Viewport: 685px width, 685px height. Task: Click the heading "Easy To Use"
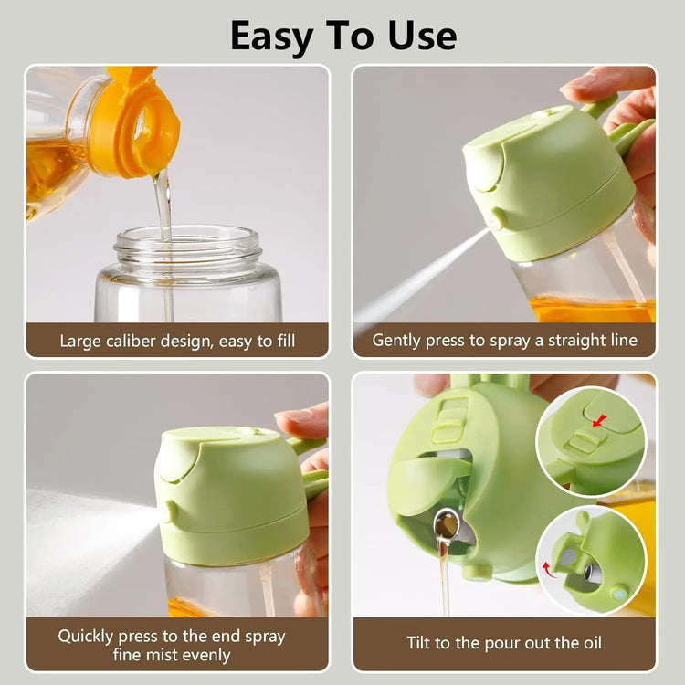tap(342, 35)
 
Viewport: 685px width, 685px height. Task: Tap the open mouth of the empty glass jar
tap(187, 242)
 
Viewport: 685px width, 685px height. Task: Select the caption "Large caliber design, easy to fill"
tap(177, 341)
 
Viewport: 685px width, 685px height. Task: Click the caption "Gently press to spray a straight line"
tap(504, 341)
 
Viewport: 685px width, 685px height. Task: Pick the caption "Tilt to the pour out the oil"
tap(504, 642)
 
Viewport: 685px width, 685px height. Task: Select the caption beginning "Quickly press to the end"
tap(172, 644)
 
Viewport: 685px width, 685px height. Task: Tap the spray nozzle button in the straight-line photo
tap(497, 219)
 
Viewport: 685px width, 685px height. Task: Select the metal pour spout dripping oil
tap(446, 525)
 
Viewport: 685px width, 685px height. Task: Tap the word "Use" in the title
tap(416, 35)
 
